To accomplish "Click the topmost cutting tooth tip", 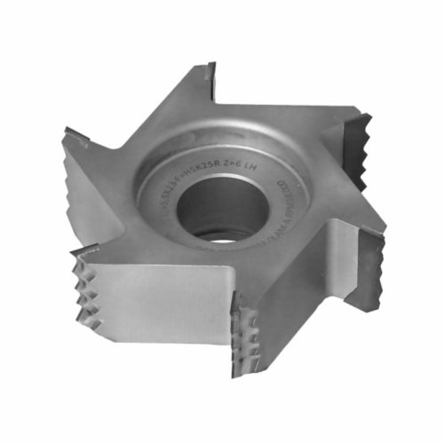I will click(x=210, y=67).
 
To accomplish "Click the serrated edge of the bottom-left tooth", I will click(x=88, y=284).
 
